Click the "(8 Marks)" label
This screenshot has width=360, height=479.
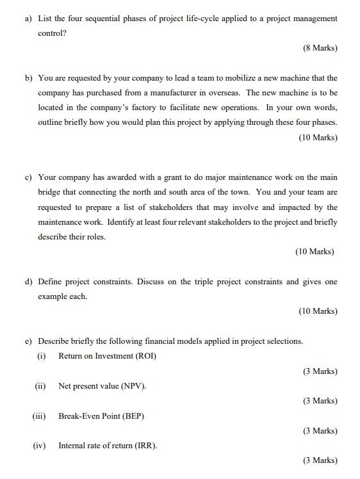click(320, 48)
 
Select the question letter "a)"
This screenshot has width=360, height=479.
click(29, 19)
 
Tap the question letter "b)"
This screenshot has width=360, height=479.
click(29, 78)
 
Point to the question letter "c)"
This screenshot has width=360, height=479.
click(29, 177)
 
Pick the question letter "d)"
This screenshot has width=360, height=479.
click(29, 282)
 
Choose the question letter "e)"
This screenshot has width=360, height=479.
click(29, 341)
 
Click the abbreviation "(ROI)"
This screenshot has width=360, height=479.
click(145, 356)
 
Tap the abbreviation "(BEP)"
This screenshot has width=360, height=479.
click(133, 416)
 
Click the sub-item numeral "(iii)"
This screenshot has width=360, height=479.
click(40, 416)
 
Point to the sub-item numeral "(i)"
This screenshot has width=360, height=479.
click(42, 356)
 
